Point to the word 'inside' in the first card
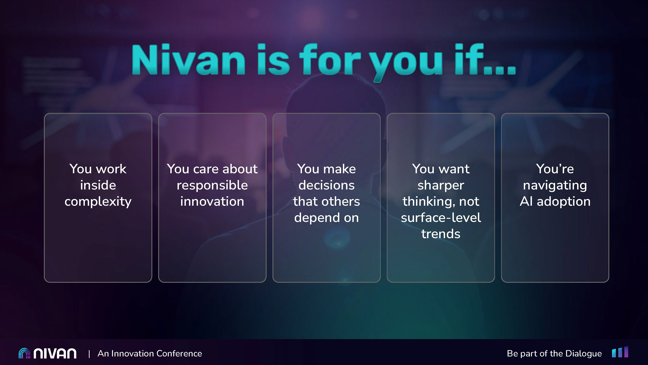pos(98,185)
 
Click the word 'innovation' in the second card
pos(212,201)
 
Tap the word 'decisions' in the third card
pos(326,185)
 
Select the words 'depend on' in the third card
pos(326,218)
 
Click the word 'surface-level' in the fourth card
pos(441,218)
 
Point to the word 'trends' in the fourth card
pos(441,234)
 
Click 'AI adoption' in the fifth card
pos(555,201)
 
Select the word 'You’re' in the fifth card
pos(555,169)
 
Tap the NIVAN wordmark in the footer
pos(55,354)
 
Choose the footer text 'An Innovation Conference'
pos(150,354)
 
